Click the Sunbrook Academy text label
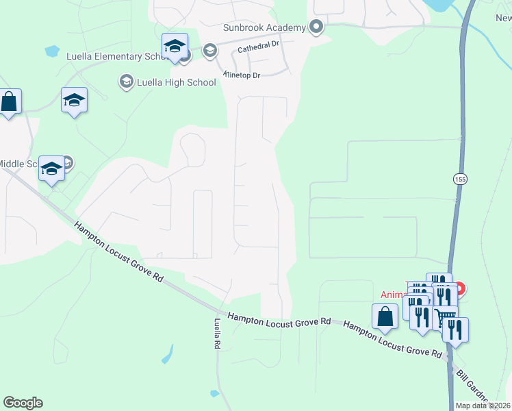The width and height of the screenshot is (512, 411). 264,27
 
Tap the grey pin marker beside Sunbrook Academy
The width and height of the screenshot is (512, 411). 316,27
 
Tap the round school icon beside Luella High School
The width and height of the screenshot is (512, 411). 126,82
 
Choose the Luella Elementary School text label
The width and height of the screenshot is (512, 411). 113,56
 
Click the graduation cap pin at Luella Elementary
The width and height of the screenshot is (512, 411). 175,47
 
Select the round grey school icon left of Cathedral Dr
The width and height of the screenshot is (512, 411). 209,49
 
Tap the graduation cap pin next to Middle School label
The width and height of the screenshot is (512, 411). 51,169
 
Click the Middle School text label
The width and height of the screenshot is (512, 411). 20,164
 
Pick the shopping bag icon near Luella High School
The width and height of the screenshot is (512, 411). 9,102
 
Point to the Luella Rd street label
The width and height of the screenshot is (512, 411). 217,334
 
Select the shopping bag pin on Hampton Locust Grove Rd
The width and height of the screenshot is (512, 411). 385,316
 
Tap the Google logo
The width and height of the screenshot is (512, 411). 23,403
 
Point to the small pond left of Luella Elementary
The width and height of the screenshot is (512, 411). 51,51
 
